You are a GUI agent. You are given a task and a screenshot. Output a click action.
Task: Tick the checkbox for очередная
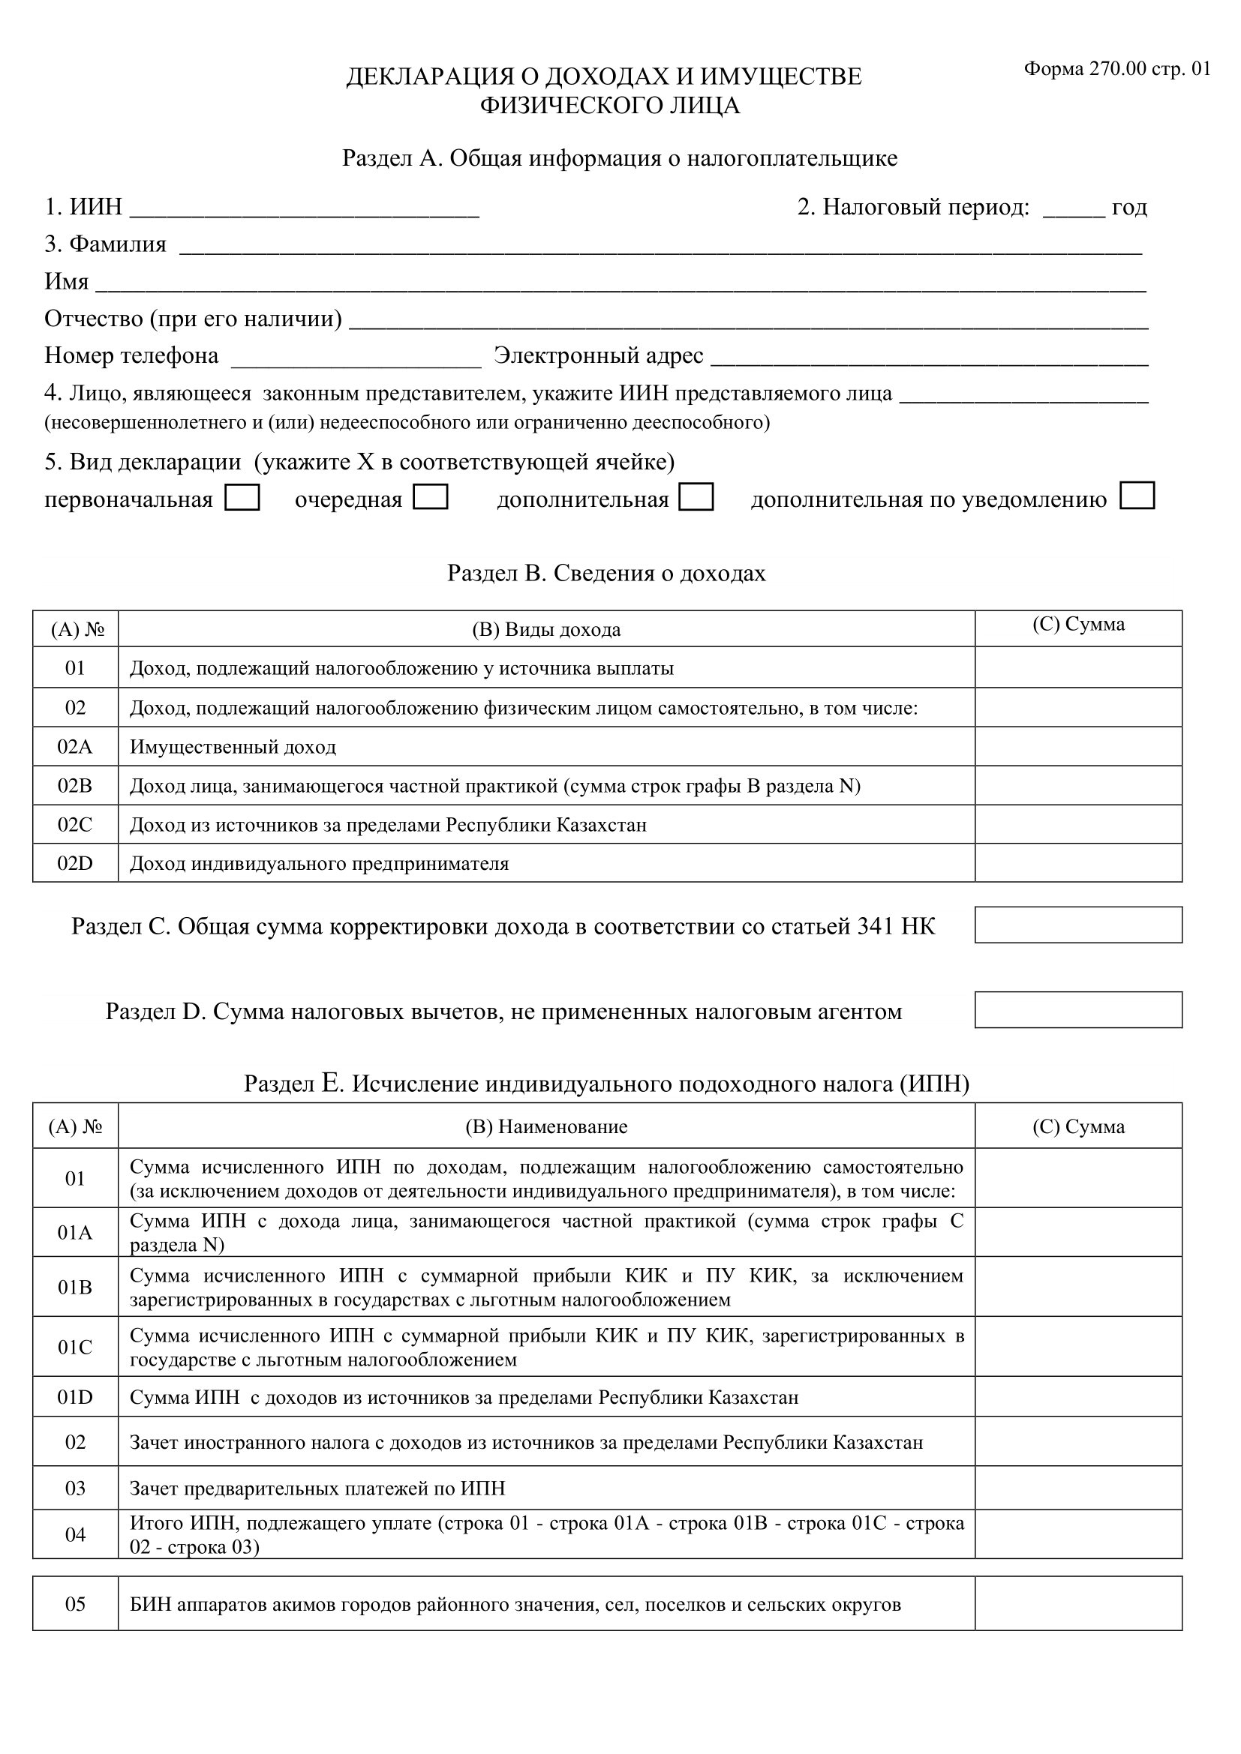[x=430, y=497]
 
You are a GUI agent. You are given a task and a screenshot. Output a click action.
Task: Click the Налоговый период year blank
[x=1073, y=209]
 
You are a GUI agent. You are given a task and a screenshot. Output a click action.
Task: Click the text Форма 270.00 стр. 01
[x=1116, y=69]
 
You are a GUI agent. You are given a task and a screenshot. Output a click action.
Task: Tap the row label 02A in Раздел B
[x=75, y=746]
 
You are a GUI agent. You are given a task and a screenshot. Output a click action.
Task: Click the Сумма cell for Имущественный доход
[x=1077, y=746]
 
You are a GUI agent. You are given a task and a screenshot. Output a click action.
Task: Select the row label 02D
[x=75, y=863]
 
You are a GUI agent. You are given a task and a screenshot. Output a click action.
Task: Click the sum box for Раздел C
[x=1077, y=925]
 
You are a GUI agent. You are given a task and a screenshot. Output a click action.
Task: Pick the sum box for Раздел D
[x=1077, y=1010]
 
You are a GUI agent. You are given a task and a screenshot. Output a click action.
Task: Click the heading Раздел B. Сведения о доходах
[x=606, y=573]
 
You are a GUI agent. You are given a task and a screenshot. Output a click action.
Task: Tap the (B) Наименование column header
[x=545, y=1127]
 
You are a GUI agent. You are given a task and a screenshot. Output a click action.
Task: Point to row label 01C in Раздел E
[x=75, y=1347]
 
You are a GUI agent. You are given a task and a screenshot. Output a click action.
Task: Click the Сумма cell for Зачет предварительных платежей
[x=1077, y=1488]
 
